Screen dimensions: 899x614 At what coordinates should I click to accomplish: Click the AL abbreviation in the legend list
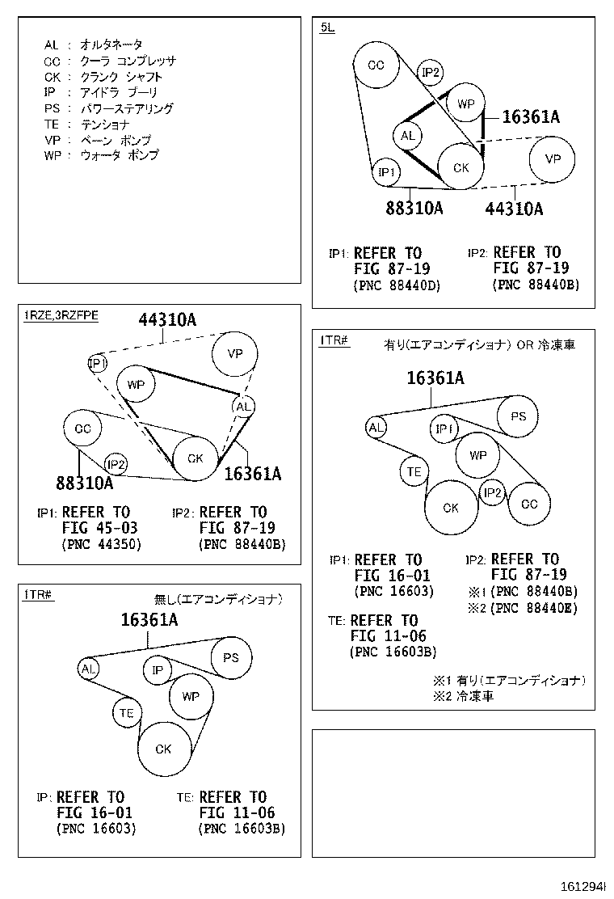pos(51,45)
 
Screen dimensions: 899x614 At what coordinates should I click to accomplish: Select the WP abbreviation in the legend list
pos(52,155)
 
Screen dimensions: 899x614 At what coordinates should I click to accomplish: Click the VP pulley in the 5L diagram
pos(553,159)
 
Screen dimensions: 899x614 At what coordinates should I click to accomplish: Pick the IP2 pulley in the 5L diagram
pos(431,73)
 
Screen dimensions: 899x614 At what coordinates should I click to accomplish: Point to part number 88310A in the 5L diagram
pos(414,208)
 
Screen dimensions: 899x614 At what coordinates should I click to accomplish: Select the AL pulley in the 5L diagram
pos(408,136)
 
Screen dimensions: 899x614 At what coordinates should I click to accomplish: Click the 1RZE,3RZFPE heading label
pos(61,315)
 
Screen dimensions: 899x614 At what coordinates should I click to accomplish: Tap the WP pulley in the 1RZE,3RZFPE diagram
pos(136,385)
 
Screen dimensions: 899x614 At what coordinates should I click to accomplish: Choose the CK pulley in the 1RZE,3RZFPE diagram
pos(196,458)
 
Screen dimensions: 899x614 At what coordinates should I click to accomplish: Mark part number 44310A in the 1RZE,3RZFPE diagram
pos(166,320)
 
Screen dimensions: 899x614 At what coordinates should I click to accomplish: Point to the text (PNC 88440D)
pos(396,285)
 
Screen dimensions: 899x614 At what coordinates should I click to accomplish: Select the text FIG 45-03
pos(99,528)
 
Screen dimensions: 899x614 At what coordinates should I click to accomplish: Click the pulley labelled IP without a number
pos(158,670)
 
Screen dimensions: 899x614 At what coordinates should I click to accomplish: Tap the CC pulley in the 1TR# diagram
pos(529,504)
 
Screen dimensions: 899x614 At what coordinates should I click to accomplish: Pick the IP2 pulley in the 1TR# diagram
pos(493,492)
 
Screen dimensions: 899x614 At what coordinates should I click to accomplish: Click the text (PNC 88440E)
pos(535,608)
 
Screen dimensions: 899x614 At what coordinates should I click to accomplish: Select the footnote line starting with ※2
pos(463,695)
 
